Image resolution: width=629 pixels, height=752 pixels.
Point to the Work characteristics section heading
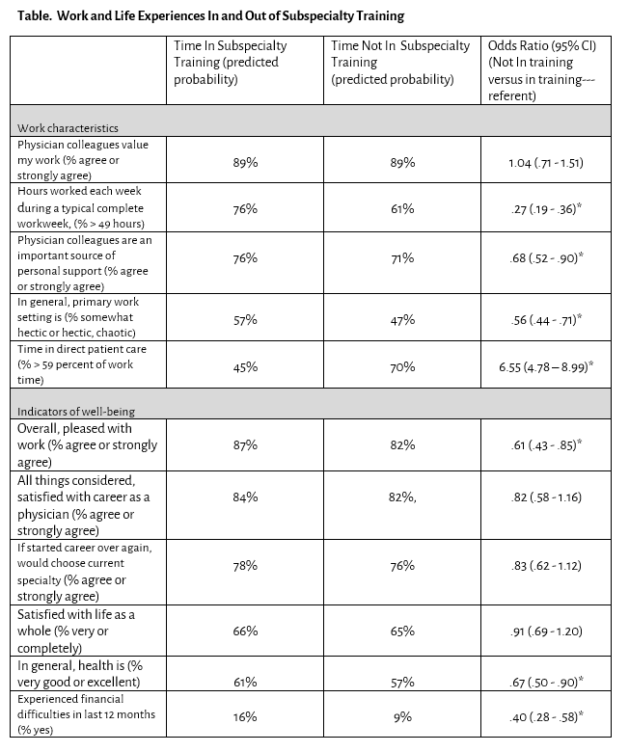click(x=67, y=127)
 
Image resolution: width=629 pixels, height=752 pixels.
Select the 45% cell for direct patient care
click(x=244, y=367)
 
